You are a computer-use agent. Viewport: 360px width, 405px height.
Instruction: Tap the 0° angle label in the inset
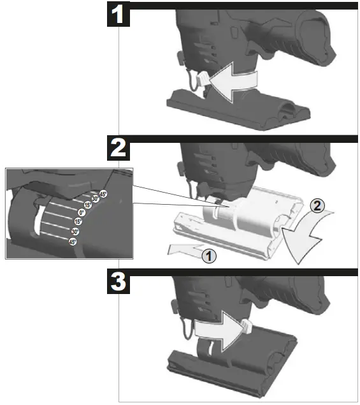(82, 213)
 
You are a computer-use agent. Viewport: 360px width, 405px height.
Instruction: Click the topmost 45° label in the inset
(103, 194)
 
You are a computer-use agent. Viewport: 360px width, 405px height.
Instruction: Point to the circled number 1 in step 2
(207, 256)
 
